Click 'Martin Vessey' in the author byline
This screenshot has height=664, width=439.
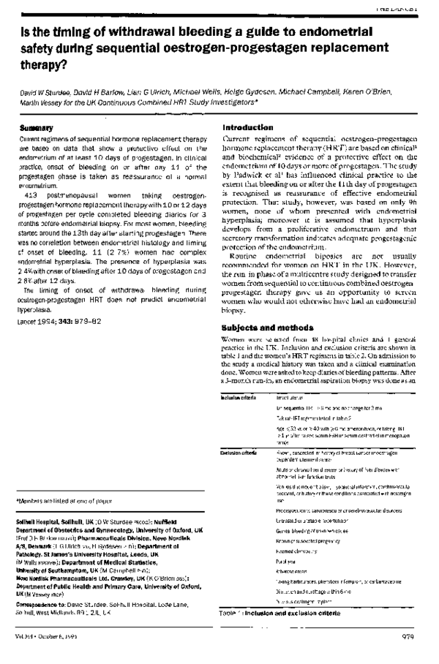pyautogui.click(x=42, y=104)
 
